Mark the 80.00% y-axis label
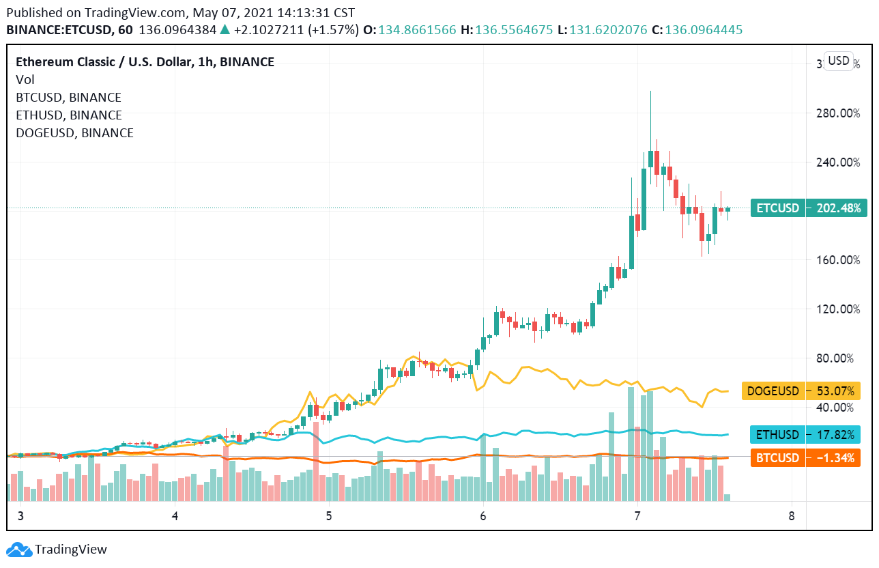[x=838, y=358]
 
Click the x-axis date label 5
[x=329, y=515]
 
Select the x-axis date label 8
[x=792, y=515]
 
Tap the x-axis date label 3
[x=20, y=515]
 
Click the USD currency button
[x=838, y=61]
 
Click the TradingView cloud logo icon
[x=19, y=550]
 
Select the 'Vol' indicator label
[x=25, y=80]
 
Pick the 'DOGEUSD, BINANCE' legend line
[x=74, y=133]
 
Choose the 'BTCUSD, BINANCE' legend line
[x=68, y=98]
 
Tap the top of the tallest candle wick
[x=650, y=91]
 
